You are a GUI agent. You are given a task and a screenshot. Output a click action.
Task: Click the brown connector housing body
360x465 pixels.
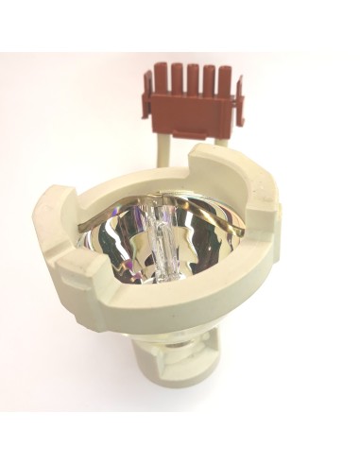pyautogui.click(x=193, y=105)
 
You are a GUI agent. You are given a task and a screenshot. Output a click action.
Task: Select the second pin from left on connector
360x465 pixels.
pyautogui.click(x=177, y=76)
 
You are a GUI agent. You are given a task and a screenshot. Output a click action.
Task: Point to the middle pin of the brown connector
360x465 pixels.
pyautogui.click(x=192, y=77)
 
